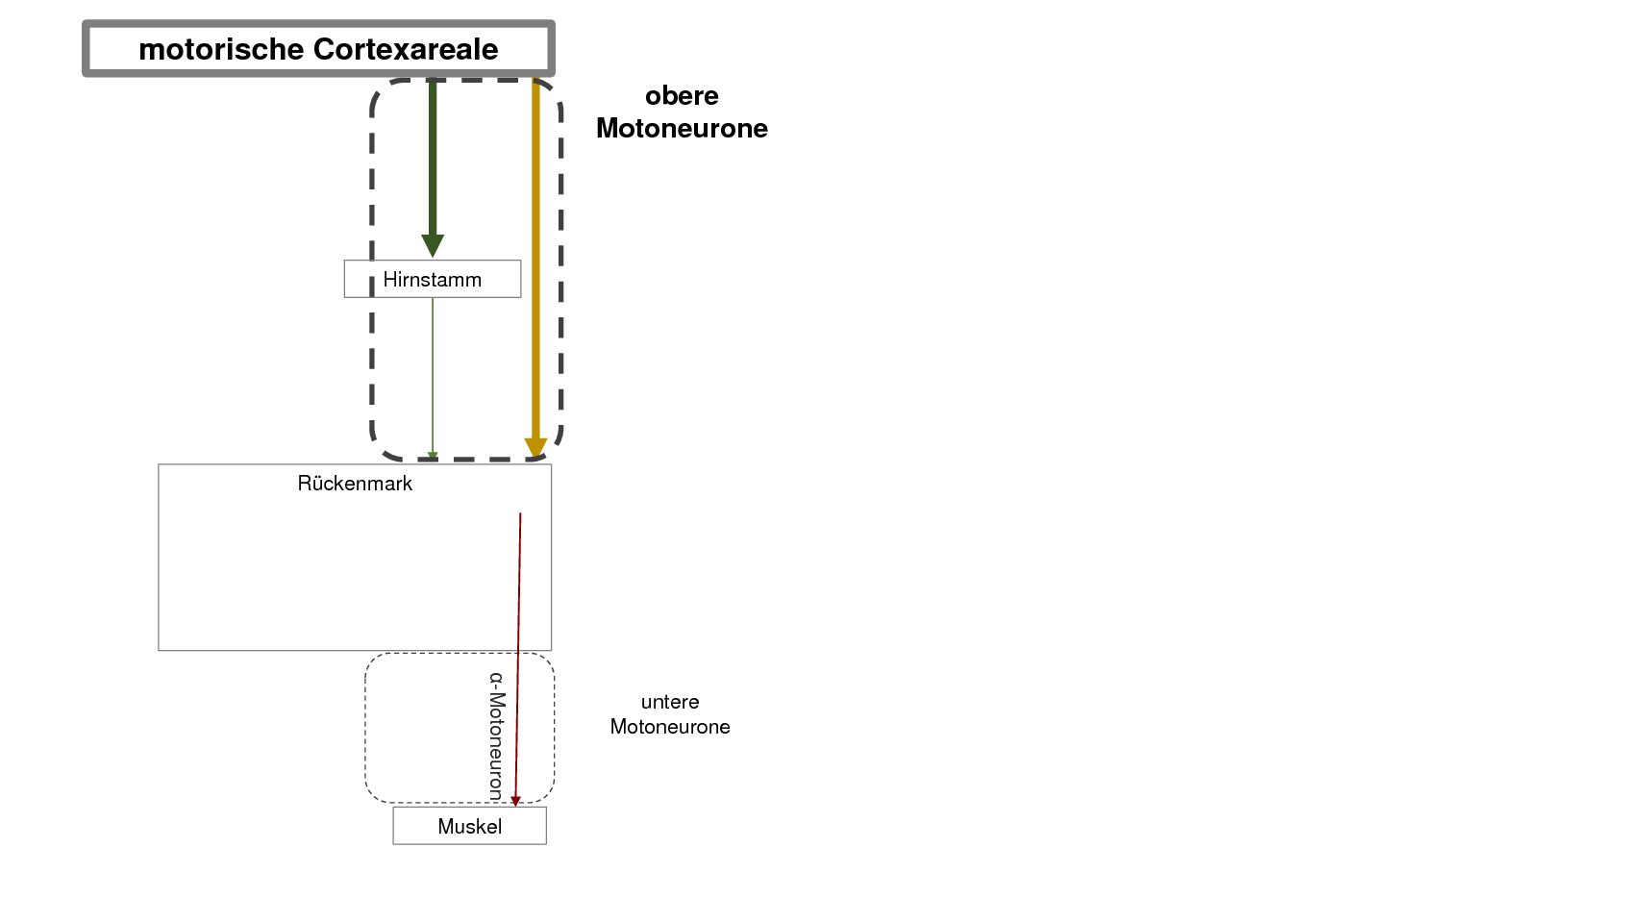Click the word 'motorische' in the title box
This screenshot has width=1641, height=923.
(221, 49)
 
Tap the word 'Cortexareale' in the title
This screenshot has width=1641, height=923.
(406, 49)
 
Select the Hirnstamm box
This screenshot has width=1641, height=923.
(433, 279)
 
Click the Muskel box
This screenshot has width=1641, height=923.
(469, 826)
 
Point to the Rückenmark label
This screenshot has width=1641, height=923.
(355, 484)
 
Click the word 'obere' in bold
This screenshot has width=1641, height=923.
(682, 96)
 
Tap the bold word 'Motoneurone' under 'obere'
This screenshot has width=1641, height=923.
(682, 128)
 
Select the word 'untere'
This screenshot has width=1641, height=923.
(670, 702)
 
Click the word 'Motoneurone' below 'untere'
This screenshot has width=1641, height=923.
(670, 727)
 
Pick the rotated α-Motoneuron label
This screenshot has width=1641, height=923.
(497, 736)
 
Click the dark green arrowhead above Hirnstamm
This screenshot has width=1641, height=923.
(433, 246)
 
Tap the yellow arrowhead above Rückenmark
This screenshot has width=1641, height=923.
(535, 448)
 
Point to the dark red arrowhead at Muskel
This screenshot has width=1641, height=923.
(515, 802)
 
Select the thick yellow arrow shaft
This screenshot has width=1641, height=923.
(535, 259)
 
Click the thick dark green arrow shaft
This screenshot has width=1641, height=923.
(433, 157)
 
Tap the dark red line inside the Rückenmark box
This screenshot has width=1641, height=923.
(519, 582)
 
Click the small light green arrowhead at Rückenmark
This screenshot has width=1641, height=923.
(433, 457)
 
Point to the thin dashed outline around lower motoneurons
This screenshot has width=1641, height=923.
(365, 728)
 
